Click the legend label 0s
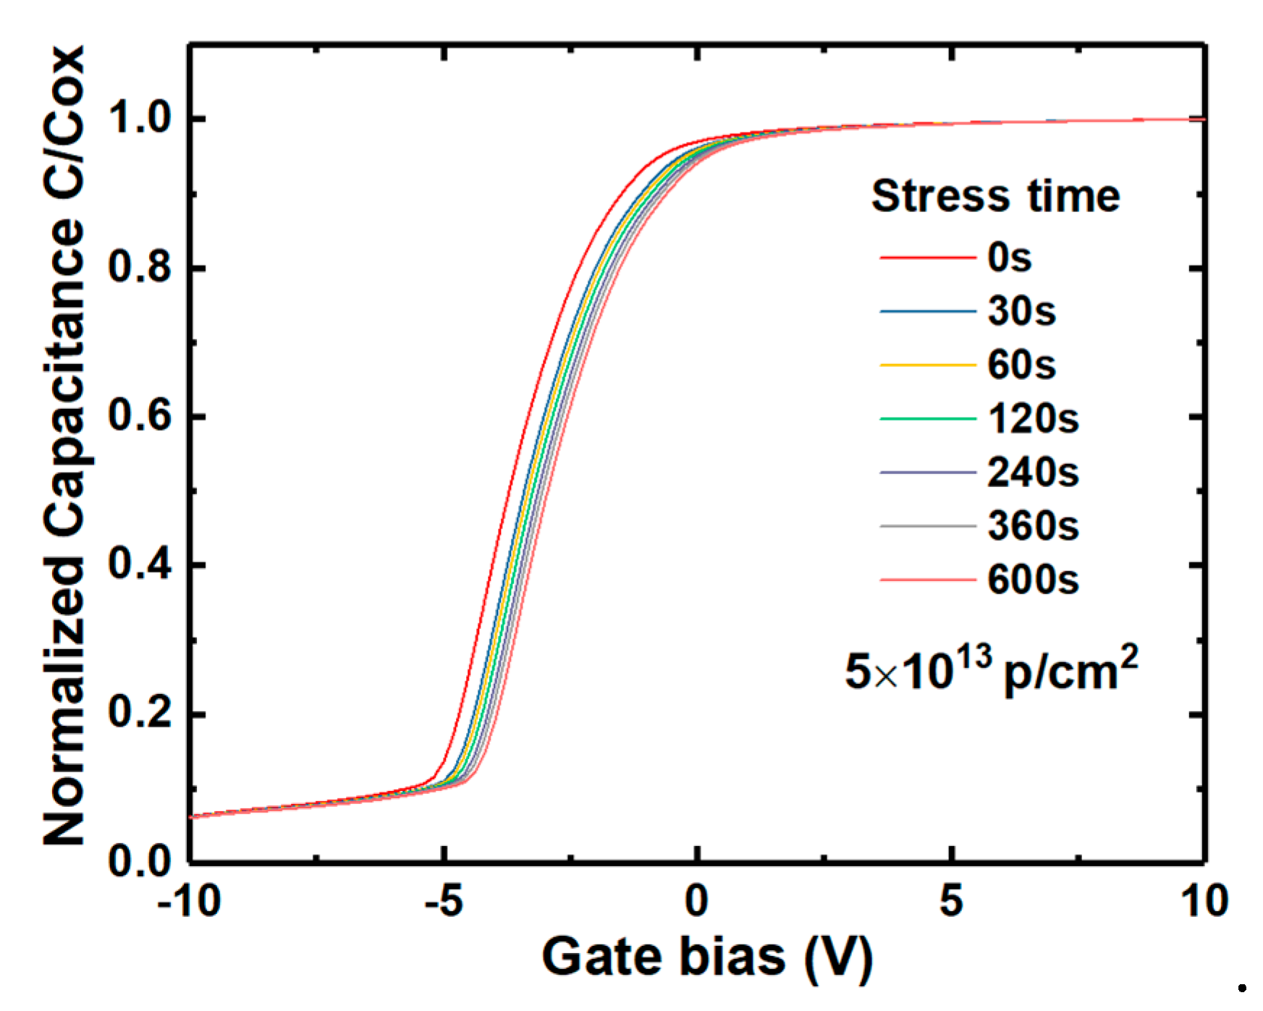pyautogui.click(x=1009, y=257)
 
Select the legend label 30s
pyautogui.click(x=1021, y=311)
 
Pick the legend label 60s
pyautogui.click(x=1021, y=365)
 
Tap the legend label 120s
pyautogui.click(x=1033, y=419)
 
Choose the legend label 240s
pyautogui.click(x=1033, y=473)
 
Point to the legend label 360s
pyautogui.click(x=1033, y=526)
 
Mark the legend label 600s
pyautogui.click(x=1033, y=580)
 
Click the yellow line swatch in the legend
pyautogui.click(x=928, y=365)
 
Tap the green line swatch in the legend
pyautogui.click(x=928, y=419)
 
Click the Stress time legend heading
pyautogui.click(x=995, y=196)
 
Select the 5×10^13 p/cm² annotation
pyautogui.click(x=991, y=670)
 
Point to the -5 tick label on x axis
pyautogui.click(x=443, y=902)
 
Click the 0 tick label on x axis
pyautogui.click(x=696, y=902)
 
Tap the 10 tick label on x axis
pyautogui.click(x=1204, y=902)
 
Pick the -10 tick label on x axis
pyautogui.click(x=189, y=902)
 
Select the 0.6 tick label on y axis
pyautogui.click(x=140, y=416)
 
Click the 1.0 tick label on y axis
pyautogui.click(x=140, y=118)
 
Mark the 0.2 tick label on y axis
pyautogui.click(x=140, y=714)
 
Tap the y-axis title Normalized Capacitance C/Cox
pyautogui.click(x=64, y=445)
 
